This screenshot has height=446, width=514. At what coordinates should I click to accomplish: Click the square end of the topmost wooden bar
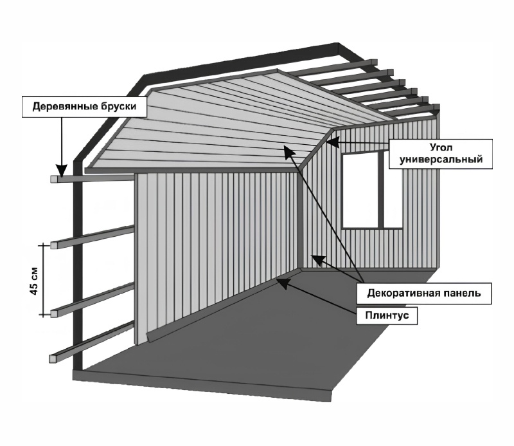click(x=54, y=180)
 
